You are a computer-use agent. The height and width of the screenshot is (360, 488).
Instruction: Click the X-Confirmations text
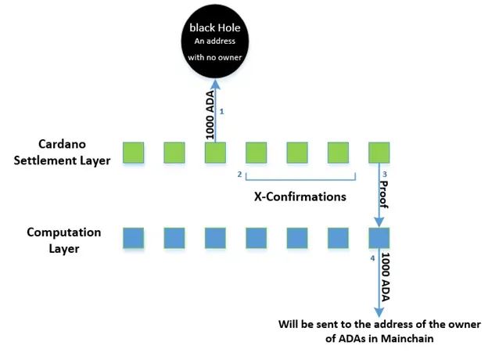(x=300, y=197)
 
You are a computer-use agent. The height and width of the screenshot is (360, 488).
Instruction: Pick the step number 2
(x=239, y=175)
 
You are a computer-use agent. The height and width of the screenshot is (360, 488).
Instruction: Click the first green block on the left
(x=134, y=153)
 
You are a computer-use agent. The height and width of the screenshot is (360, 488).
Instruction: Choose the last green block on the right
(x=379, y=153)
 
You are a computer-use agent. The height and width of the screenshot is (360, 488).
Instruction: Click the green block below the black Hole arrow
(x=215, y=153)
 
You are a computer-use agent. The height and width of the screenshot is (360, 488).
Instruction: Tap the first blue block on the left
(x=134, y=237)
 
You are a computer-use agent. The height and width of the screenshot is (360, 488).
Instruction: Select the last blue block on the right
(x=379, y=237)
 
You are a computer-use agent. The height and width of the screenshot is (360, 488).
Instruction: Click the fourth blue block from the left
(x=256, y=237)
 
